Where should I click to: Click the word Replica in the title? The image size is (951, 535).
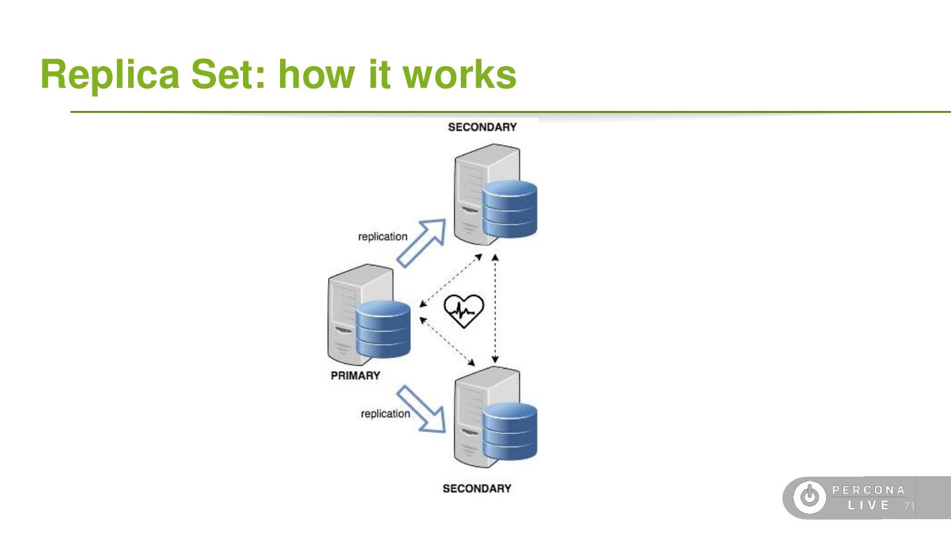coord(110,75)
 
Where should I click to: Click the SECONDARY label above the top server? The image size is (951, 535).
coord(482,127)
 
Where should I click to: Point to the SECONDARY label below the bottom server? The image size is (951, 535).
coord(477,488)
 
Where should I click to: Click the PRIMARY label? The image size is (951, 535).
coord(355,375)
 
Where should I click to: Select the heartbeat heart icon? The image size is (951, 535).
coord(464,311)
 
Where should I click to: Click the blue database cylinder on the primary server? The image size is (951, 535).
coord(383,329)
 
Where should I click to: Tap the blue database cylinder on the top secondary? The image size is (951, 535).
coord(509,209)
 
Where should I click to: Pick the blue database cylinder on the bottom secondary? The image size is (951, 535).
coord(509,431)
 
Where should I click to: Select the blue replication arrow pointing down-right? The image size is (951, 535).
coord(421,409)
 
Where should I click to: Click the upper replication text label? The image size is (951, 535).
coord(382,236)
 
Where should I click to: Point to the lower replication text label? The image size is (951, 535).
coord(386,413)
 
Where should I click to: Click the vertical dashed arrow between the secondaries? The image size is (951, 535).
coord(495,308)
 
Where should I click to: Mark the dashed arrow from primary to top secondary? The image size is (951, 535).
coord(451,280)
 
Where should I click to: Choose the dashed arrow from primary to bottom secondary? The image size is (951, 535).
coord(447,341)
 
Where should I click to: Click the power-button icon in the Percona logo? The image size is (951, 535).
coord(810,497)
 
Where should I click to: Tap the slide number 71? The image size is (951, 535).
coord(909,506)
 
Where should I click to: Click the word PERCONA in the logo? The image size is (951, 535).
coord(868,490)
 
